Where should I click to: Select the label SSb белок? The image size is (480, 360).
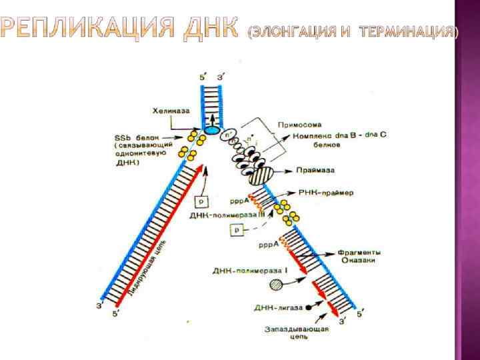click(x=137, y=136)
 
